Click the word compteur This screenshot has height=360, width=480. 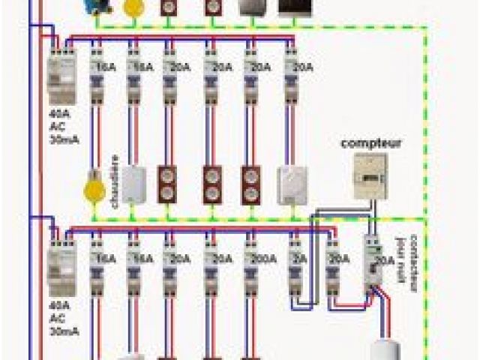pos(370,142)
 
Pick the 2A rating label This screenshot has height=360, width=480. pos(300,259)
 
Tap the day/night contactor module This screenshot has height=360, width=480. pos(373,259)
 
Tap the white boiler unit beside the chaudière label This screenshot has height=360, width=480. pos(133,184)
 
